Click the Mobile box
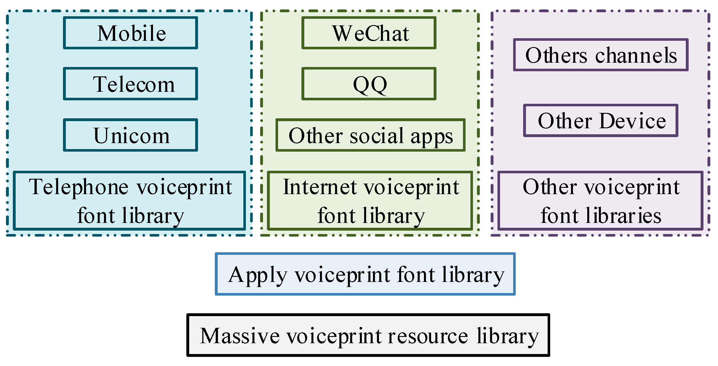pyautogui.click(x=130, y=33)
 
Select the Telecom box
pyautogui.click(x=130, y=84)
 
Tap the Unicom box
pyautogui.click(x=130, y=135)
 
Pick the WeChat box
pyautogui.click(x=369, y=33)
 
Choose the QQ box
pyautogui.click(x=369, y=84)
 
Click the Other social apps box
pyautogui.click(x=370, y=135)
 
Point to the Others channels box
pyautogui.click(x=601, y=55)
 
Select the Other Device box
pyautogui.click(x=601, y=121)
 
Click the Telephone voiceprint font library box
pyautogui.click(x=130, y=200)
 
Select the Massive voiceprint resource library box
pyautogui.click(x=368, y=335)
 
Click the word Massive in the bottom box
pyautogui.click(x=240, y=336)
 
